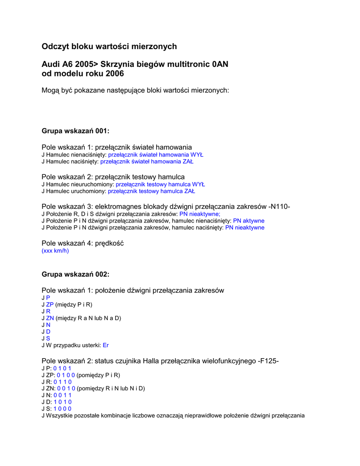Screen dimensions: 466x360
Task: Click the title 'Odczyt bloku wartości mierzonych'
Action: tap(109, 46)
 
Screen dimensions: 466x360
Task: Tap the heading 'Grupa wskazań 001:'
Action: tap(76, 131)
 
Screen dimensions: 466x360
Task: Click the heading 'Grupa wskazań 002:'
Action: tap(76, 274)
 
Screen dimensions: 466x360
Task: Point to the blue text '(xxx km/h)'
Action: tap(55, 251)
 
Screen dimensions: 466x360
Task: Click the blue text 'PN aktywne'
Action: tap(248, 221)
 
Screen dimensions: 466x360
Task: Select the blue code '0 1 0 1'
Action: tap(62, 368)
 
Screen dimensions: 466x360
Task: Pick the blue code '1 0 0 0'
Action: tap(63, 409)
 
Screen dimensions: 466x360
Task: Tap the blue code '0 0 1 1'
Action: tap(63, 395)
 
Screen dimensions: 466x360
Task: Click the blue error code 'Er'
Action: tap(106, 345)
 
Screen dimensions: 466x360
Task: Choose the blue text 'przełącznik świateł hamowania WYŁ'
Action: tap(156, 155)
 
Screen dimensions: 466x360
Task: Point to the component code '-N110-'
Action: tap(279, 207)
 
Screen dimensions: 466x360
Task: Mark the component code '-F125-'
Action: tap(269, 361)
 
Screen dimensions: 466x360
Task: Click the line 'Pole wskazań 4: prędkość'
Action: tap(82, 243)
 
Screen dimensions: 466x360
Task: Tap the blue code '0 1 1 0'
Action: tap(63, 382)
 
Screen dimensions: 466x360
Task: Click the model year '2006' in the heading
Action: tap(114, 73)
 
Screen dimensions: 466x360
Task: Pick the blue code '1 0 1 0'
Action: tap(63, 402)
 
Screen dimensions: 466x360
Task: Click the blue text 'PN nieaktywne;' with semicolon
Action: tap(200, 214)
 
